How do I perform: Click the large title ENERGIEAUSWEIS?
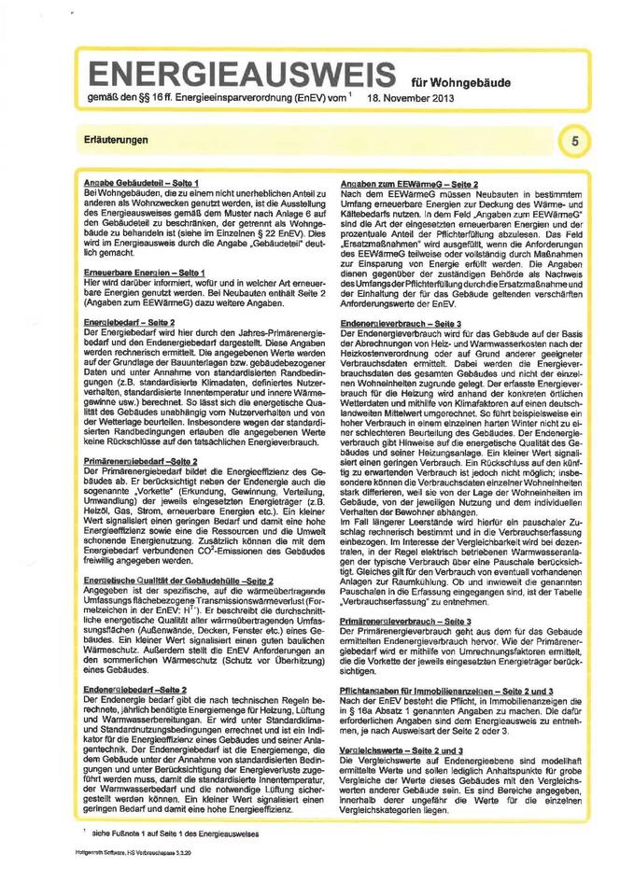pos(240,75)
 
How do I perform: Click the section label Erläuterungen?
pos(114,139)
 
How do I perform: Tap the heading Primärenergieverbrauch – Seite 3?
pos(412,621)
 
